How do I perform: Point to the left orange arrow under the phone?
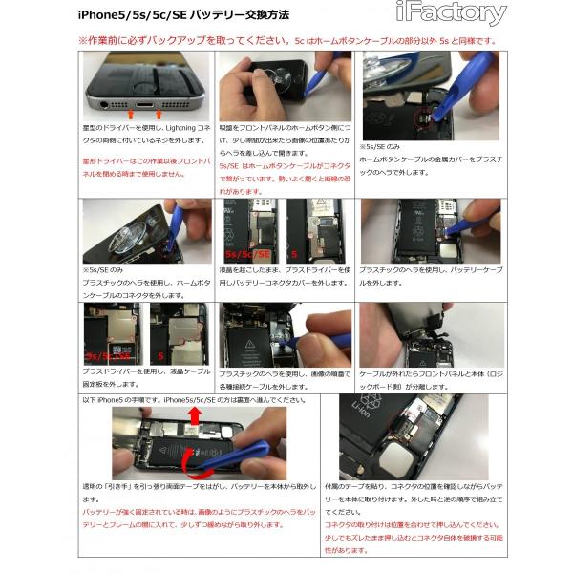(117, 114)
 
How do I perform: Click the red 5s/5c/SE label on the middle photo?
(250, 255)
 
